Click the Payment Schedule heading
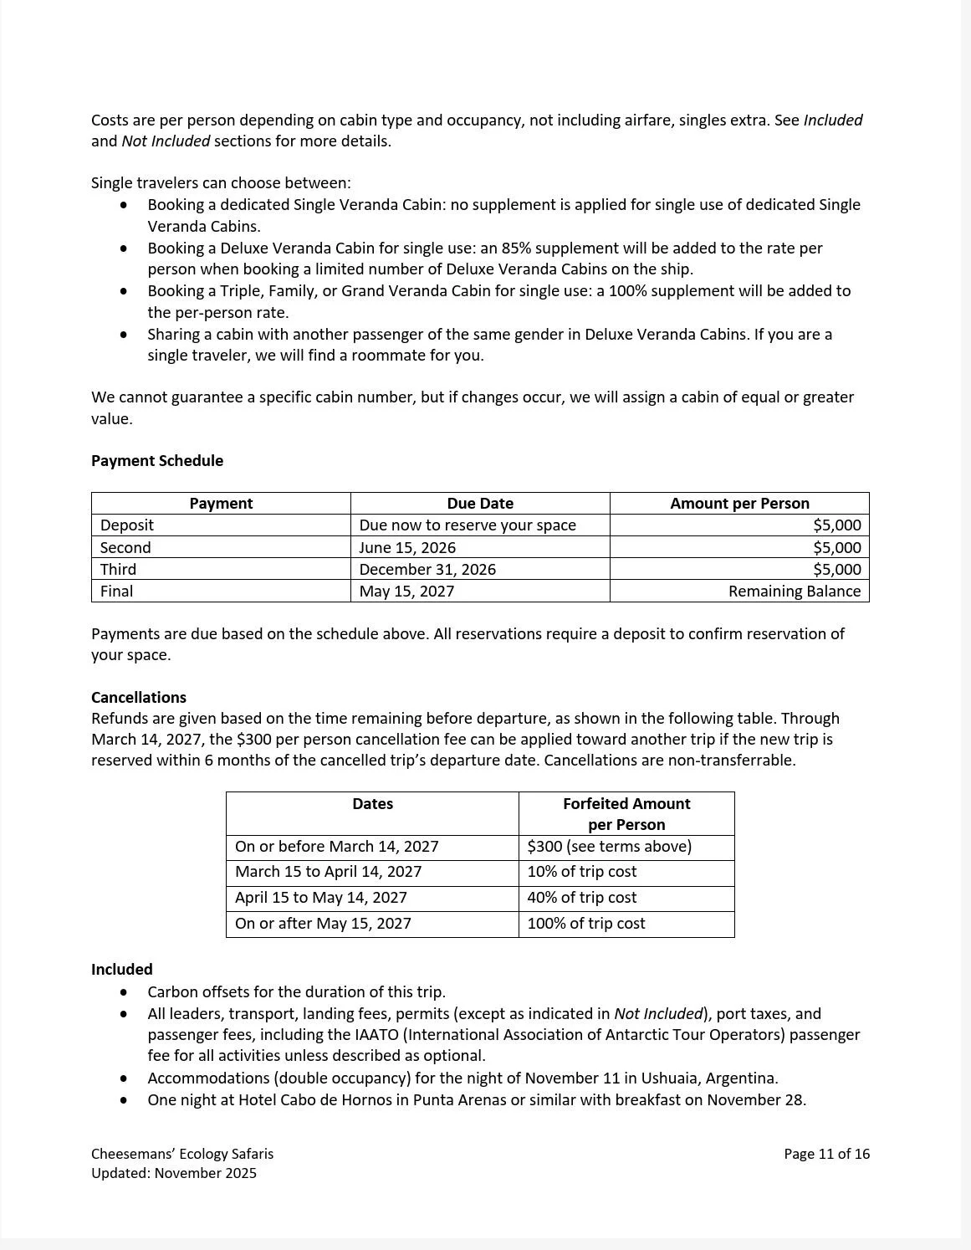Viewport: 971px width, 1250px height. (x=157, y=461)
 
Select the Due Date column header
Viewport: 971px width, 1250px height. (x=480, y=504)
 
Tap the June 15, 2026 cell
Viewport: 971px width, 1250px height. (x=407, y=548)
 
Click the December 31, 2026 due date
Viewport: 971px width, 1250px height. (x=427, y=570)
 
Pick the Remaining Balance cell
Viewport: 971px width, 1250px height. (x=794, y=592)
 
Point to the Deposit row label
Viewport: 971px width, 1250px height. (x=127, y=525)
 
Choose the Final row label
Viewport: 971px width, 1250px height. (x=117, y=592)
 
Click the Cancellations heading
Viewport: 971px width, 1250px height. (x=139, y=698)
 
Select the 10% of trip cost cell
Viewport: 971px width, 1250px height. (x=582, y=872)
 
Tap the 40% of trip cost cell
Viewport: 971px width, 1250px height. (x=582, y=898)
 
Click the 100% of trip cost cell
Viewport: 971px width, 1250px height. (x=586, y=924)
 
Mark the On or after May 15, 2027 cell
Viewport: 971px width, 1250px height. (x=323, y=924)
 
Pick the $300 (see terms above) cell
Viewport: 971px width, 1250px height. (x=610, y=847)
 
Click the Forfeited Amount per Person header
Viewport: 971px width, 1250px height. (x=626, y=814)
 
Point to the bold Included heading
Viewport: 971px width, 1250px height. (x=122, y=970)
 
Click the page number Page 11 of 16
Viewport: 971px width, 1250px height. (x=826, y=1155)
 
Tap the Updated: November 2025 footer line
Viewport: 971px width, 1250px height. (x=174, y=1173)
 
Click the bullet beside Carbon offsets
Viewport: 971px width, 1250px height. (x=125, y=992)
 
